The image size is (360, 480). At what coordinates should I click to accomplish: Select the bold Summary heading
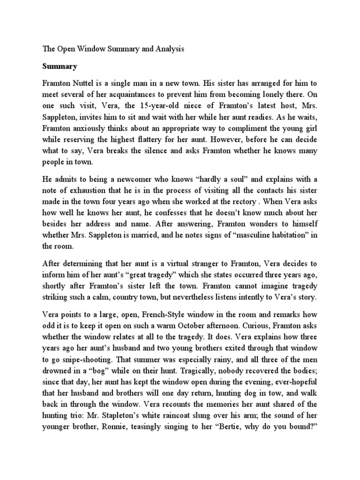(x=59, y=66)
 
